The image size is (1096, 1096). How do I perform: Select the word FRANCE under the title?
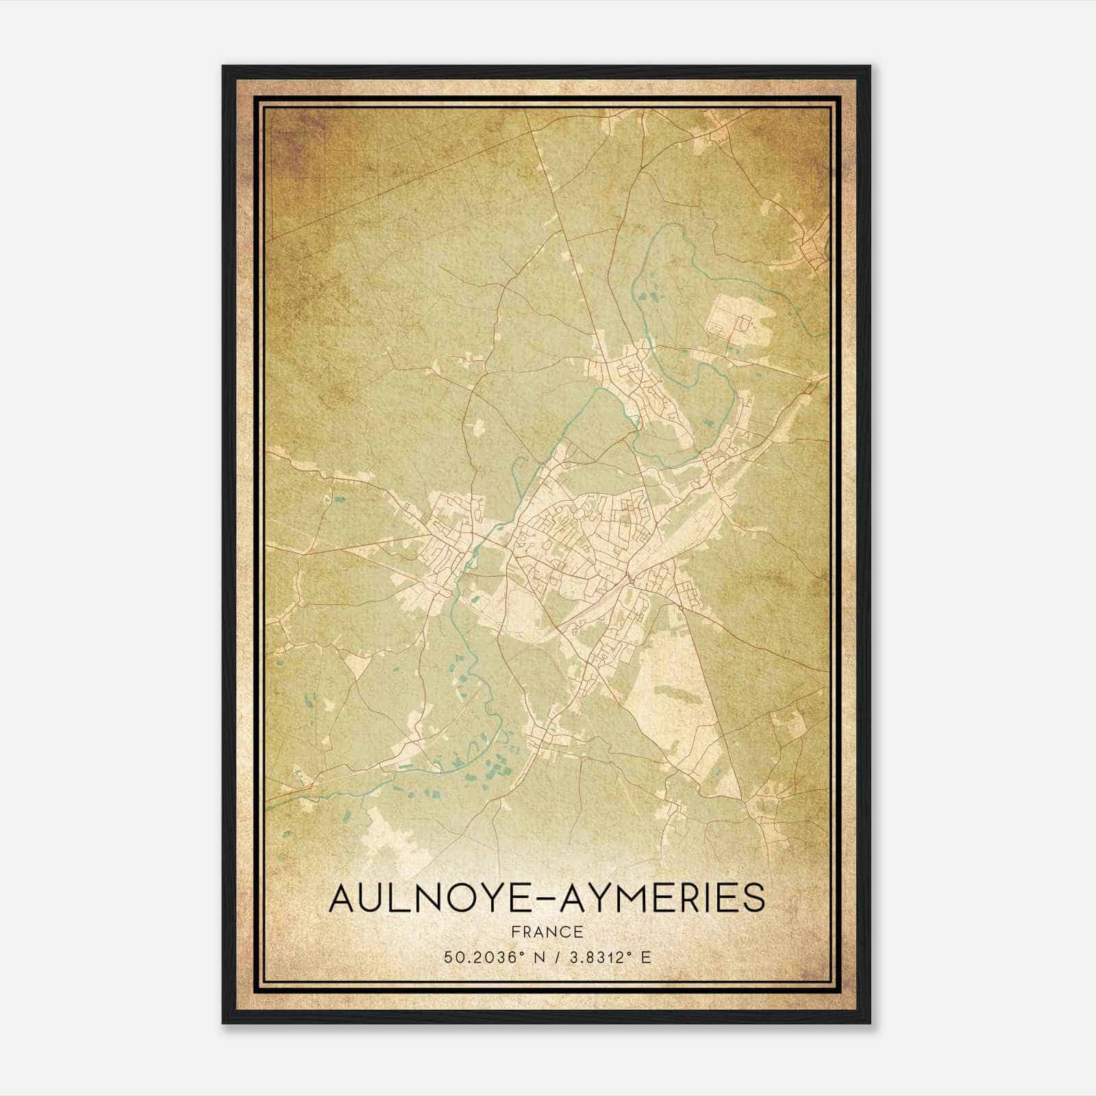(x=547, y=932)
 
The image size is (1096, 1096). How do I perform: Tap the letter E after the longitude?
(x=645, y=957)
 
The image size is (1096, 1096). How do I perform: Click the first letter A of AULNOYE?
(x=342, y=898)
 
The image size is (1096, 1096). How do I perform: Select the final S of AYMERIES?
(x=754, y=898)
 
